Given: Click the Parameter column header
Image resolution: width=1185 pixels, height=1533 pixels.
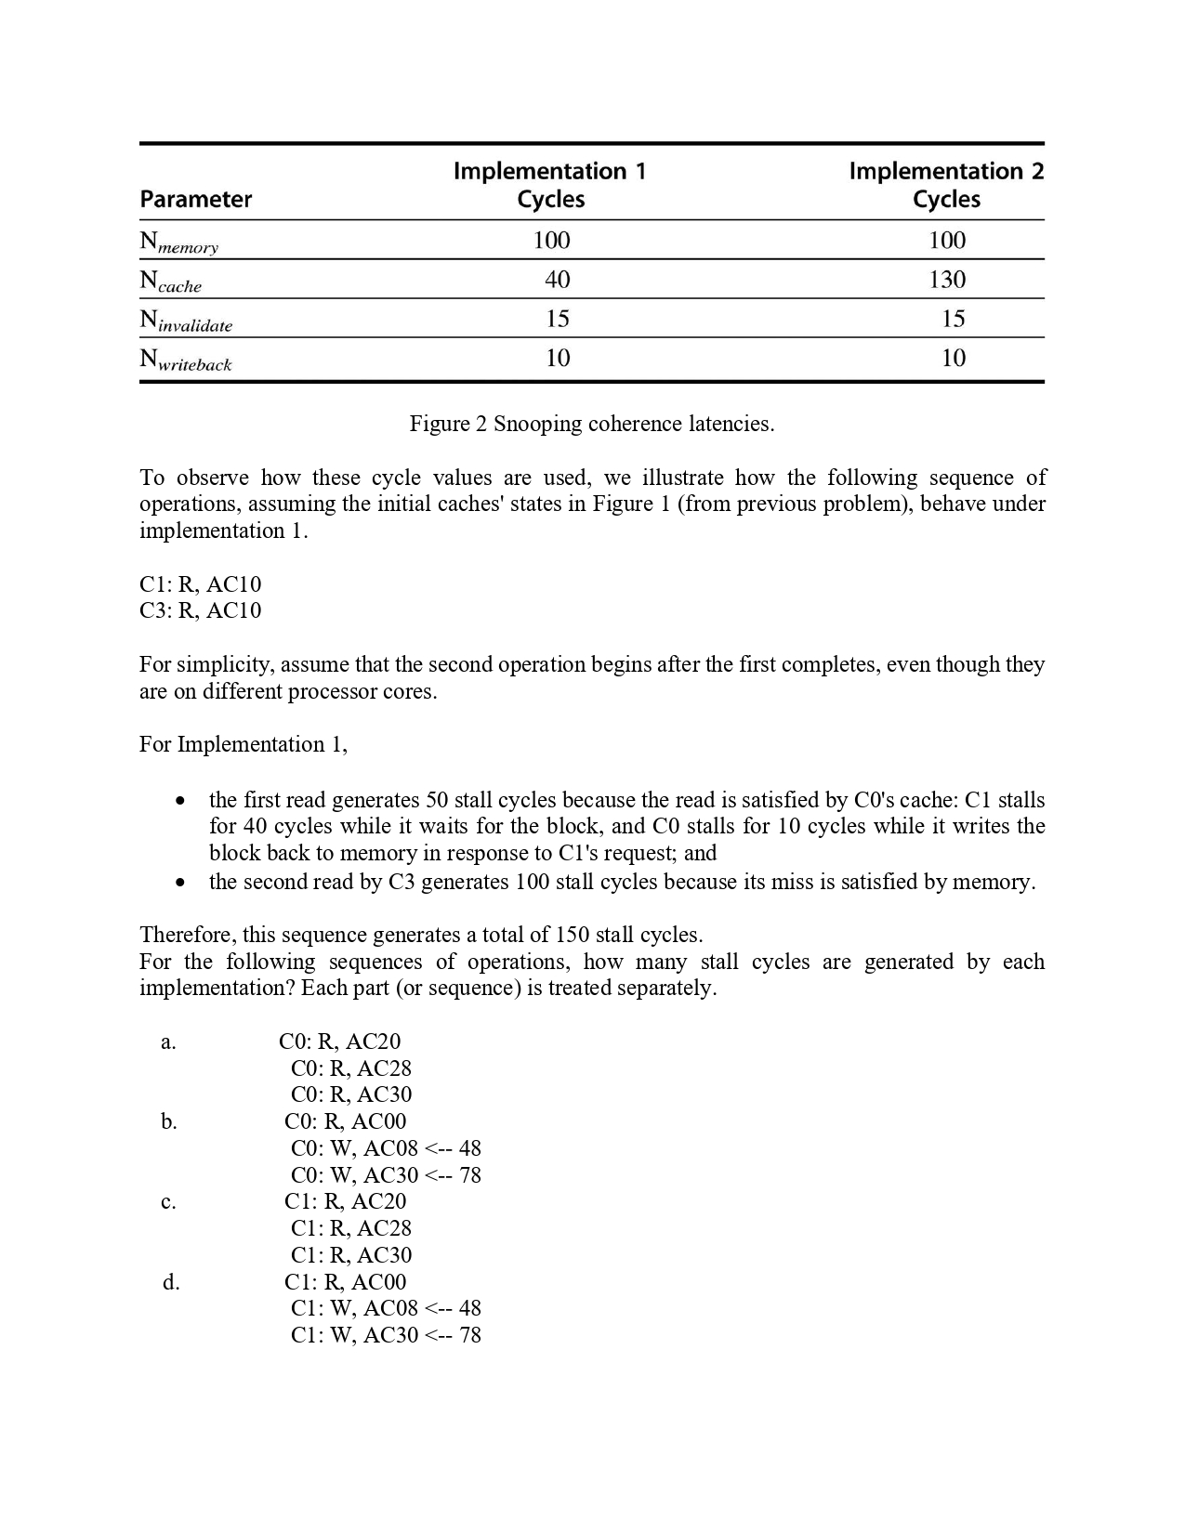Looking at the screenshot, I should click(195, 200).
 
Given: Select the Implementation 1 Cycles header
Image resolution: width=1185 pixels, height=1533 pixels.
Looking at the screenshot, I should click(549, 185).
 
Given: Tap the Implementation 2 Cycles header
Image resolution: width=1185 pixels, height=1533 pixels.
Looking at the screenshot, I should click(945, 185).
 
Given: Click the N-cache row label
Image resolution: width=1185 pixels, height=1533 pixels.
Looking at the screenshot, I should click(170, 282).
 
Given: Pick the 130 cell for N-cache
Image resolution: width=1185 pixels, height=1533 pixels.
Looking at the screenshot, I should click(947, 280).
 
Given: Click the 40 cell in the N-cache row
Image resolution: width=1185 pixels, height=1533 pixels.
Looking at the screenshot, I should click(557, 280).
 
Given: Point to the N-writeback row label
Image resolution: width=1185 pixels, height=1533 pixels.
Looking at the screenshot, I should click(185, 360).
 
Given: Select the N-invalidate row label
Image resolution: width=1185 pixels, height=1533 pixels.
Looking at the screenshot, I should click(186, 321).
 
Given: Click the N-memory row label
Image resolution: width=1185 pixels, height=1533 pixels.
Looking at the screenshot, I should click(178, 242).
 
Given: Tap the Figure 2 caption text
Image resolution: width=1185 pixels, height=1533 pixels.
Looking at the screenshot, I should click(591, 425).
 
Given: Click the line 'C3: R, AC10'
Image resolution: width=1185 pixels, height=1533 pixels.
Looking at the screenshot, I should click(201, 610).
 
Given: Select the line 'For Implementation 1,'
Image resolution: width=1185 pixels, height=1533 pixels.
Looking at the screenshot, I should click(244, 744).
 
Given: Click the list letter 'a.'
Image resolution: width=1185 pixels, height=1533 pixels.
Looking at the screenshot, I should click(168, 1042).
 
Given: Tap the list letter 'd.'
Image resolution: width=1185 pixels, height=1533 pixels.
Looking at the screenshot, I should click(171, 1283).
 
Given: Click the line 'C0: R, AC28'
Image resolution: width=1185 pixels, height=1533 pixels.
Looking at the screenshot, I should click(350, 1068).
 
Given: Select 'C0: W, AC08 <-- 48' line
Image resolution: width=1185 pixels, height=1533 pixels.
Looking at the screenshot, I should click(386, 1148).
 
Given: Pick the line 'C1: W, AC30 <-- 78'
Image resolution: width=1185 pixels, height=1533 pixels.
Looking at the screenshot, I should click(386, 1335).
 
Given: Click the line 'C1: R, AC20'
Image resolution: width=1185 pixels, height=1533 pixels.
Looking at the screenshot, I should click(345, 1201).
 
